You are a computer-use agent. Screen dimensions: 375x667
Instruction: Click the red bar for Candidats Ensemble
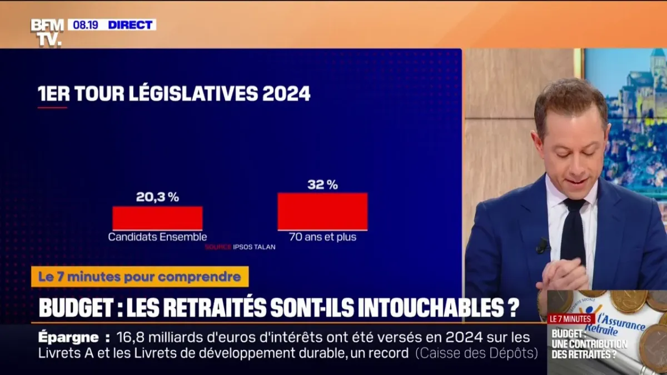pos(157,218)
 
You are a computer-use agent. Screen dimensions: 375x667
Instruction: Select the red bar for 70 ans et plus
pos(322,211)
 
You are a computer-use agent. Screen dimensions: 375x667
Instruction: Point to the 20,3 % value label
pos(157,197)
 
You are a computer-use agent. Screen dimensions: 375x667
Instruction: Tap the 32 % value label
pos(322,185)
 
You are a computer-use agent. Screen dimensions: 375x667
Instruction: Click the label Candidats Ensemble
pos(157,237)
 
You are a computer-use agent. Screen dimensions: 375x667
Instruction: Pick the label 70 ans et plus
pos(322,237)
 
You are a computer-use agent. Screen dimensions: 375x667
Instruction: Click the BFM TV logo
pos(47,32)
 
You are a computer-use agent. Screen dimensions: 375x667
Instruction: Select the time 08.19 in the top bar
pos(85,25)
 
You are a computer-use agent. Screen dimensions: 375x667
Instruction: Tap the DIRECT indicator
pos(130,25)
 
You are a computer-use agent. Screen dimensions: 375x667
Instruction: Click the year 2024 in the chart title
pos(286,93)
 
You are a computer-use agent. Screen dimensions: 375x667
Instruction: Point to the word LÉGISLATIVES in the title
pos(193,93)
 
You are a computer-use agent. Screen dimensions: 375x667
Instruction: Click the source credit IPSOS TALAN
pos(254,247)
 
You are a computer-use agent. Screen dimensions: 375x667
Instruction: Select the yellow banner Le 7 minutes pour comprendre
pos(140,277)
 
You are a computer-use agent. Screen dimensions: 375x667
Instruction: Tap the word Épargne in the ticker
pos(69,337)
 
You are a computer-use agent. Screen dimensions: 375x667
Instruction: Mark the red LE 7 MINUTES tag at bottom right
pos(571,319)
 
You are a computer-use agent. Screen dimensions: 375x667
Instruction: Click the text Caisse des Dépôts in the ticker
pos(476,353)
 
